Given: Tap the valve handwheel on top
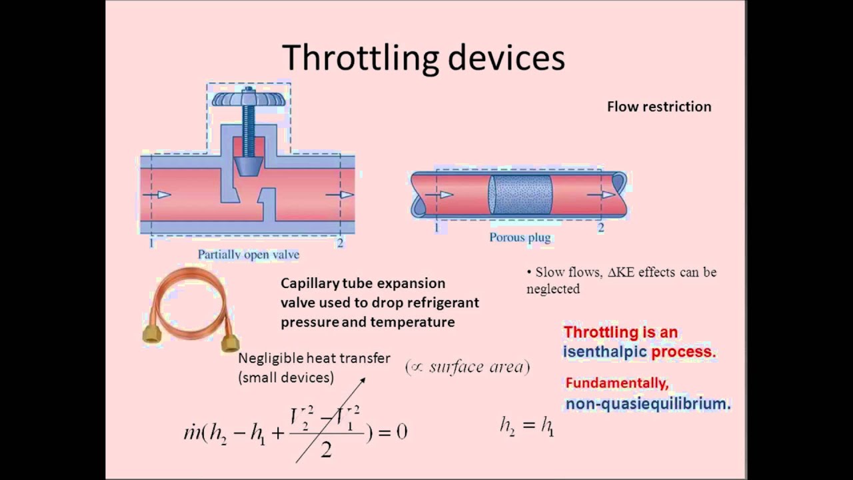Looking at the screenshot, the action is click(249, 99).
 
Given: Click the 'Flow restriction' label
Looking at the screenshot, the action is click(658, 107).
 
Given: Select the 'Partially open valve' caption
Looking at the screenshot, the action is click(248, 255).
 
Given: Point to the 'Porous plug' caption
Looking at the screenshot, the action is click(520, 237).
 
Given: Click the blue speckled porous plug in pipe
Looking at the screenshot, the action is click(520, 194).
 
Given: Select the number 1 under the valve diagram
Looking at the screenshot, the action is click(151, 243).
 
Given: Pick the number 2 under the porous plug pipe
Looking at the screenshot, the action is click(600, 228).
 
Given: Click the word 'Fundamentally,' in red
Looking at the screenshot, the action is click(616, 383).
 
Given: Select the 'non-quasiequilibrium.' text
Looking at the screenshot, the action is click(648, 403).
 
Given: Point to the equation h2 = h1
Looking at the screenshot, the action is click(526, 425).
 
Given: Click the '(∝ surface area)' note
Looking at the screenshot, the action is click(467, 367).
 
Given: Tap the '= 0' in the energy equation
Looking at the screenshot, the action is click(393, 432).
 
